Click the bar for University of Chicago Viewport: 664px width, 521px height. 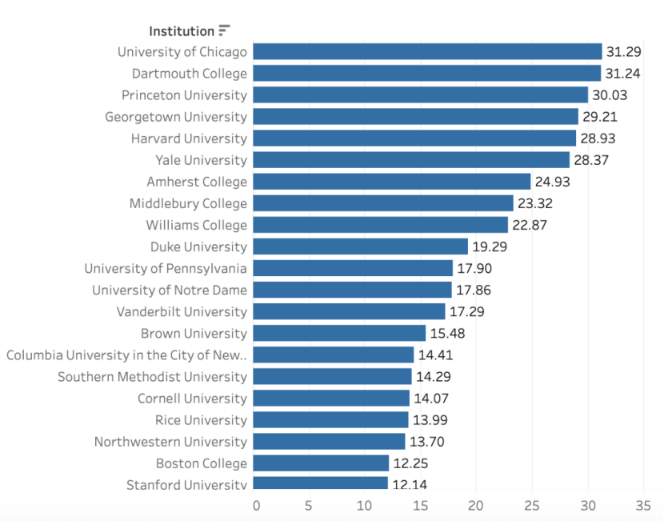[x=427, y=52]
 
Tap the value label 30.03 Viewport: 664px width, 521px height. [x=610, y=95]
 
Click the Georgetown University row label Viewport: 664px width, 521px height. [x=176, y=117]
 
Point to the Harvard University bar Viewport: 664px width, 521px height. [x=414, y=138]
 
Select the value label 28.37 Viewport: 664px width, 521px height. [x=591, y=160]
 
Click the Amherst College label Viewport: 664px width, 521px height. [x=197, y=182]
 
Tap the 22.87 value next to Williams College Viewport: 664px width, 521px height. [x=530, y=225]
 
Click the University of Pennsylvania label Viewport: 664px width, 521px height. [x=166, y=268]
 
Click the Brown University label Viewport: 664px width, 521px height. [x=194, y=333]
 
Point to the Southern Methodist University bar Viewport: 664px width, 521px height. [x=333, y=376]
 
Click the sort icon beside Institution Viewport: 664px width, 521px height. [x=224, y=30]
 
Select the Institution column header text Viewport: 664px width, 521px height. [x=182, y=31]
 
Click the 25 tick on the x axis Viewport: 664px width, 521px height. [x=532, y=505]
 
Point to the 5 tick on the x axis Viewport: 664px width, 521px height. [x=309, y=505]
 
